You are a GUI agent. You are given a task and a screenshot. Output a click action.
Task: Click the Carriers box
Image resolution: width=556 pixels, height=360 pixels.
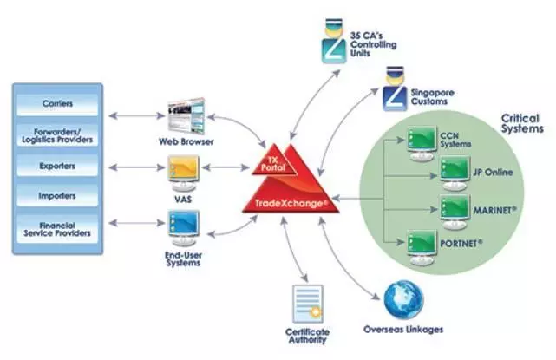57,104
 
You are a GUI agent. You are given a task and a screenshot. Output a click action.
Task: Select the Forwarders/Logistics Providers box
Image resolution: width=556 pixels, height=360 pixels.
57,135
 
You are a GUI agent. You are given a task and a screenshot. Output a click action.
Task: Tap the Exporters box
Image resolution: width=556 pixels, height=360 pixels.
57,166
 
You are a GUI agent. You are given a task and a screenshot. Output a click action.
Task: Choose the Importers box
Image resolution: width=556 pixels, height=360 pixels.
57,195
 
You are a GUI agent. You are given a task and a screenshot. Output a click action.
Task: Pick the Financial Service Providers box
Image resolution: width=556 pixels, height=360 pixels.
57,229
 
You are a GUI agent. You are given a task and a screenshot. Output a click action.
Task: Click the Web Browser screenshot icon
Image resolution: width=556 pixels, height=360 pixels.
186,116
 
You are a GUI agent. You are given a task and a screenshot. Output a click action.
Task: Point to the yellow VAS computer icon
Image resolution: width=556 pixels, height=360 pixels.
183,173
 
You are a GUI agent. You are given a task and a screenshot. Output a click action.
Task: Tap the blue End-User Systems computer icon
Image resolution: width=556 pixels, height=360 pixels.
183,228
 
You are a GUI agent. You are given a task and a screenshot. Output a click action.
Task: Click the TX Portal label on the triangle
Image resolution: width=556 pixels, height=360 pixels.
272,164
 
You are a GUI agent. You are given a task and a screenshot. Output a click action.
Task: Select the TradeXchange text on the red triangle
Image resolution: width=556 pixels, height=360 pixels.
289,204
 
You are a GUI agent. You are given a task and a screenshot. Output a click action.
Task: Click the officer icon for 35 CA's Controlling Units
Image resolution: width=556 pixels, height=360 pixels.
334,41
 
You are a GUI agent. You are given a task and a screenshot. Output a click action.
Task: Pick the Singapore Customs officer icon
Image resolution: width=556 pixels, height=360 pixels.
395,88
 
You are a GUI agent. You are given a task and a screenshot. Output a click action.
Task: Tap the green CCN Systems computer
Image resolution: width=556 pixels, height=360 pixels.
422,143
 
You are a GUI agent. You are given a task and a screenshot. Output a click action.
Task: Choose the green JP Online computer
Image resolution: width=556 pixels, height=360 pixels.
455,173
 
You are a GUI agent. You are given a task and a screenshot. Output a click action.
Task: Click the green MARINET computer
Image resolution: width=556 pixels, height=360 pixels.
455,212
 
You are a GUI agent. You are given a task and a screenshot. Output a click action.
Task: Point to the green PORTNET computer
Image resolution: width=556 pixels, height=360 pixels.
422,247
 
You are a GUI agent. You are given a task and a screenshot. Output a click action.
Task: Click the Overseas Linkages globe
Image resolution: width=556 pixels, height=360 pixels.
403,300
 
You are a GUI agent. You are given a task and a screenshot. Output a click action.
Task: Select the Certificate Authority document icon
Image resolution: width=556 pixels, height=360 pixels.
308,304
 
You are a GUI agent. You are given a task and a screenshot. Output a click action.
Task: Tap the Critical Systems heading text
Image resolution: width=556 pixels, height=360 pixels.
522,123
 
